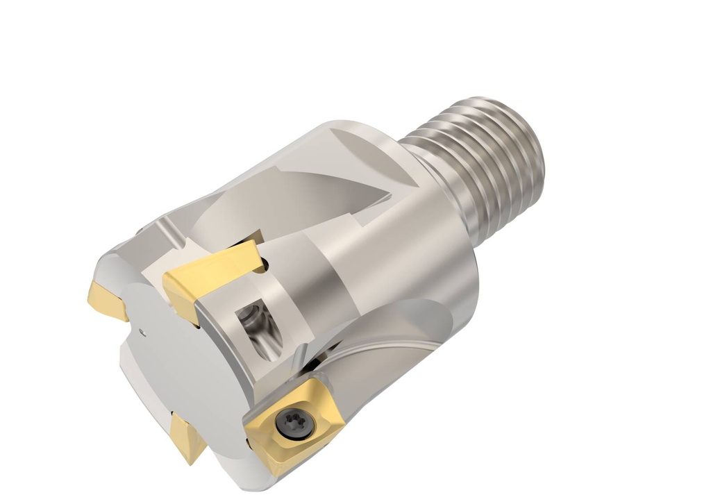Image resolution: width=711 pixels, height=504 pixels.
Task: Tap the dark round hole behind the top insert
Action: [258, 263]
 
